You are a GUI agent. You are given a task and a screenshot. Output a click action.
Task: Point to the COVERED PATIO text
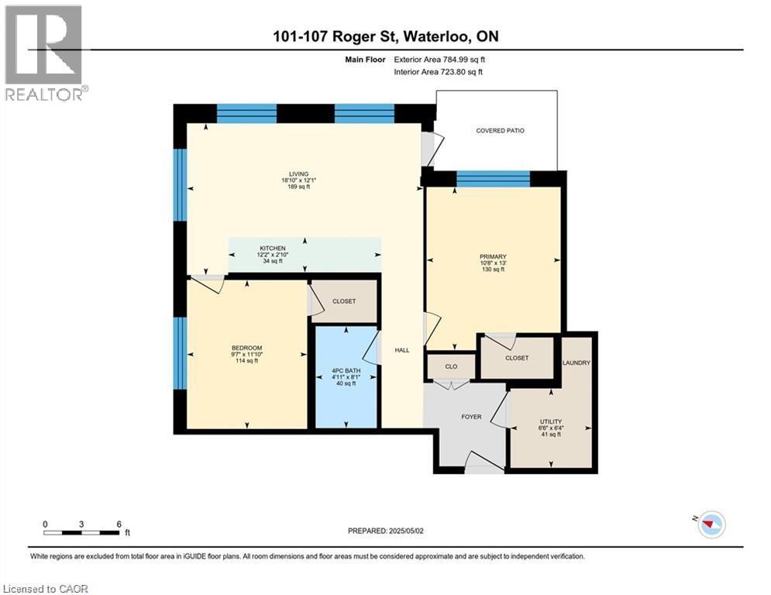500,131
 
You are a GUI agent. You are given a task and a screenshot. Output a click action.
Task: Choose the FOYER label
471,417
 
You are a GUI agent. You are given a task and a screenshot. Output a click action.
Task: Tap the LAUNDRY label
577,363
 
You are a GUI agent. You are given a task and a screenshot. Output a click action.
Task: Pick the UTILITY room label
551,421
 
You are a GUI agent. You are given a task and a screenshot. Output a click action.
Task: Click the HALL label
402,350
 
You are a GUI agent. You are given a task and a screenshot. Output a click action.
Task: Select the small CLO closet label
450,366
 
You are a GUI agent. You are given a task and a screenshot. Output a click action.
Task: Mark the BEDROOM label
246,347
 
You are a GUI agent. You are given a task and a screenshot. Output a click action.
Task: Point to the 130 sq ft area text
493,270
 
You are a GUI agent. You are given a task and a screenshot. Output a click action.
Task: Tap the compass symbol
711,524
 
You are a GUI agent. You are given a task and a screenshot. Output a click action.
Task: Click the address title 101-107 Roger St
385,37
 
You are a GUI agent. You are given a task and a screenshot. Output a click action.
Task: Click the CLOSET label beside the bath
343,301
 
